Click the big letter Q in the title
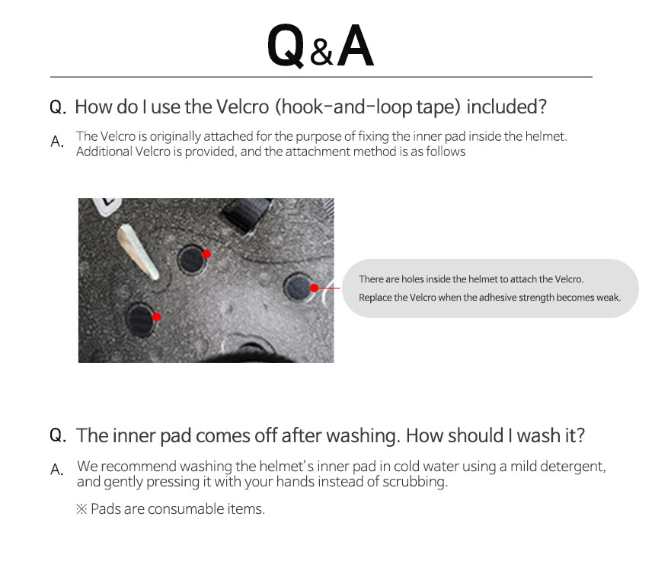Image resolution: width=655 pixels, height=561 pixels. [286, 46]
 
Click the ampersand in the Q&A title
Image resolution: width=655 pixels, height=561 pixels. [321, 53]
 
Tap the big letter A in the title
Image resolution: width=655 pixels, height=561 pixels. [355, 45]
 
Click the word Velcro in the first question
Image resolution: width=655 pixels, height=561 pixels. [243, 107]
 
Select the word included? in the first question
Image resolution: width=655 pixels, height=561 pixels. [506, 107]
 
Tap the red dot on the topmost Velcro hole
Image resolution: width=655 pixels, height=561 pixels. [206, 253]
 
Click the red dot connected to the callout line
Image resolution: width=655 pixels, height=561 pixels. [315, 288]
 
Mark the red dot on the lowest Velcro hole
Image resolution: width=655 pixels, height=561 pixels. [157, 317]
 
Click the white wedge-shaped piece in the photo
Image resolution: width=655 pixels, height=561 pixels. [137, 251]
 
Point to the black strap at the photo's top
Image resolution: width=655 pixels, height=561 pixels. [247, 214]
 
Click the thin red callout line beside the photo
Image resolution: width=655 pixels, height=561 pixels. [329, 288]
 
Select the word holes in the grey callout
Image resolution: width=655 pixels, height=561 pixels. [411, 279]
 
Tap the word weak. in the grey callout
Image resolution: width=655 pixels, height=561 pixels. [610, 297]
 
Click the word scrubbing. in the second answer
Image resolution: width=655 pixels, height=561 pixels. [415, 482]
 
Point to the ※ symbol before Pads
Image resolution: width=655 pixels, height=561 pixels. [82, 508]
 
